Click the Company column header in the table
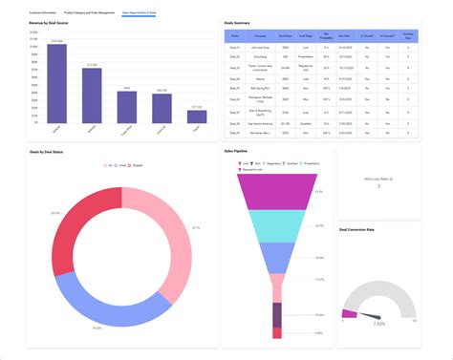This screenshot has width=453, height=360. click(260, 36)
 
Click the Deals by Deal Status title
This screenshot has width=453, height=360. click(50, 151)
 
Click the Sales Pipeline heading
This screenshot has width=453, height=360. click(236, 151)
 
